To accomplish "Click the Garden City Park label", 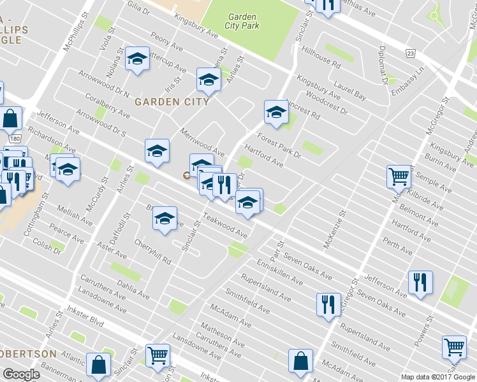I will click(242, 22).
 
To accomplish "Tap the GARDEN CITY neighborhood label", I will click(172, 101).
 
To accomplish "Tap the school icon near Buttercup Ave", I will click(136, 59).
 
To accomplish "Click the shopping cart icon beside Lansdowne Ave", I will click(157, 355).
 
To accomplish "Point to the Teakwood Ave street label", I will click(224, 226).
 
